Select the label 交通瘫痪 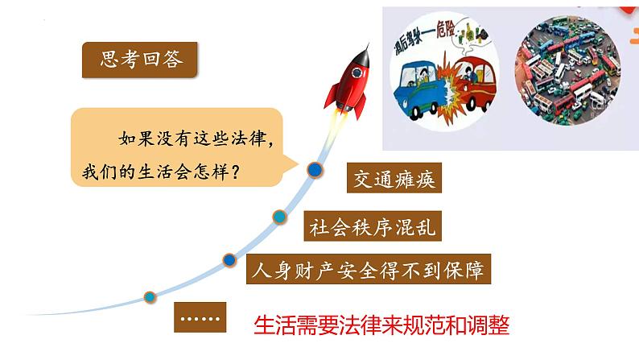[393, 179]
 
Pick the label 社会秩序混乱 [372, 226]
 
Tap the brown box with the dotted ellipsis [199, 317]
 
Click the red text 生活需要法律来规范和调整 [381, 325]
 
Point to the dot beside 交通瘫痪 [315, 170]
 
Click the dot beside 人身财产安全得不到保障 [229, 259]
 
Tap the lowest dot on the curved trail [150, 296]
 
